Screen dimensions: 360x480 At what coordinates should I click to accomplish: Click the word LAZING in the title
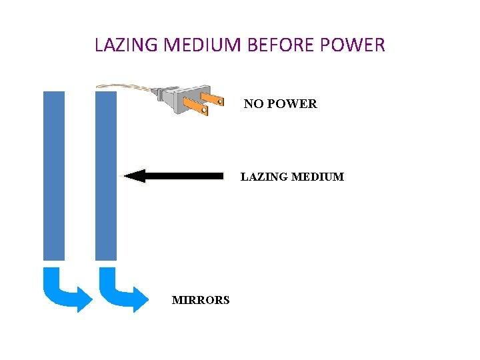pos(126,45)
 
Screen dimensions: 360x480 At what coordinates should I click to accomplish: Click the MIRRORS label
pos(201,300)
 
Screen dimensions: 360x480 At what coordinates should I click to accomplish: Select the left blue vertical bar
pos(54,175)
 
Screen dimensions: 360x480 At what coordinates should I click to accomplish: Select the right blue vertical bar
pos(106,175)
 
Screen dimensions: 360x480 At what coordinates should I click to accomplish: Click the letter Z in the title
pos(119,45)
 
